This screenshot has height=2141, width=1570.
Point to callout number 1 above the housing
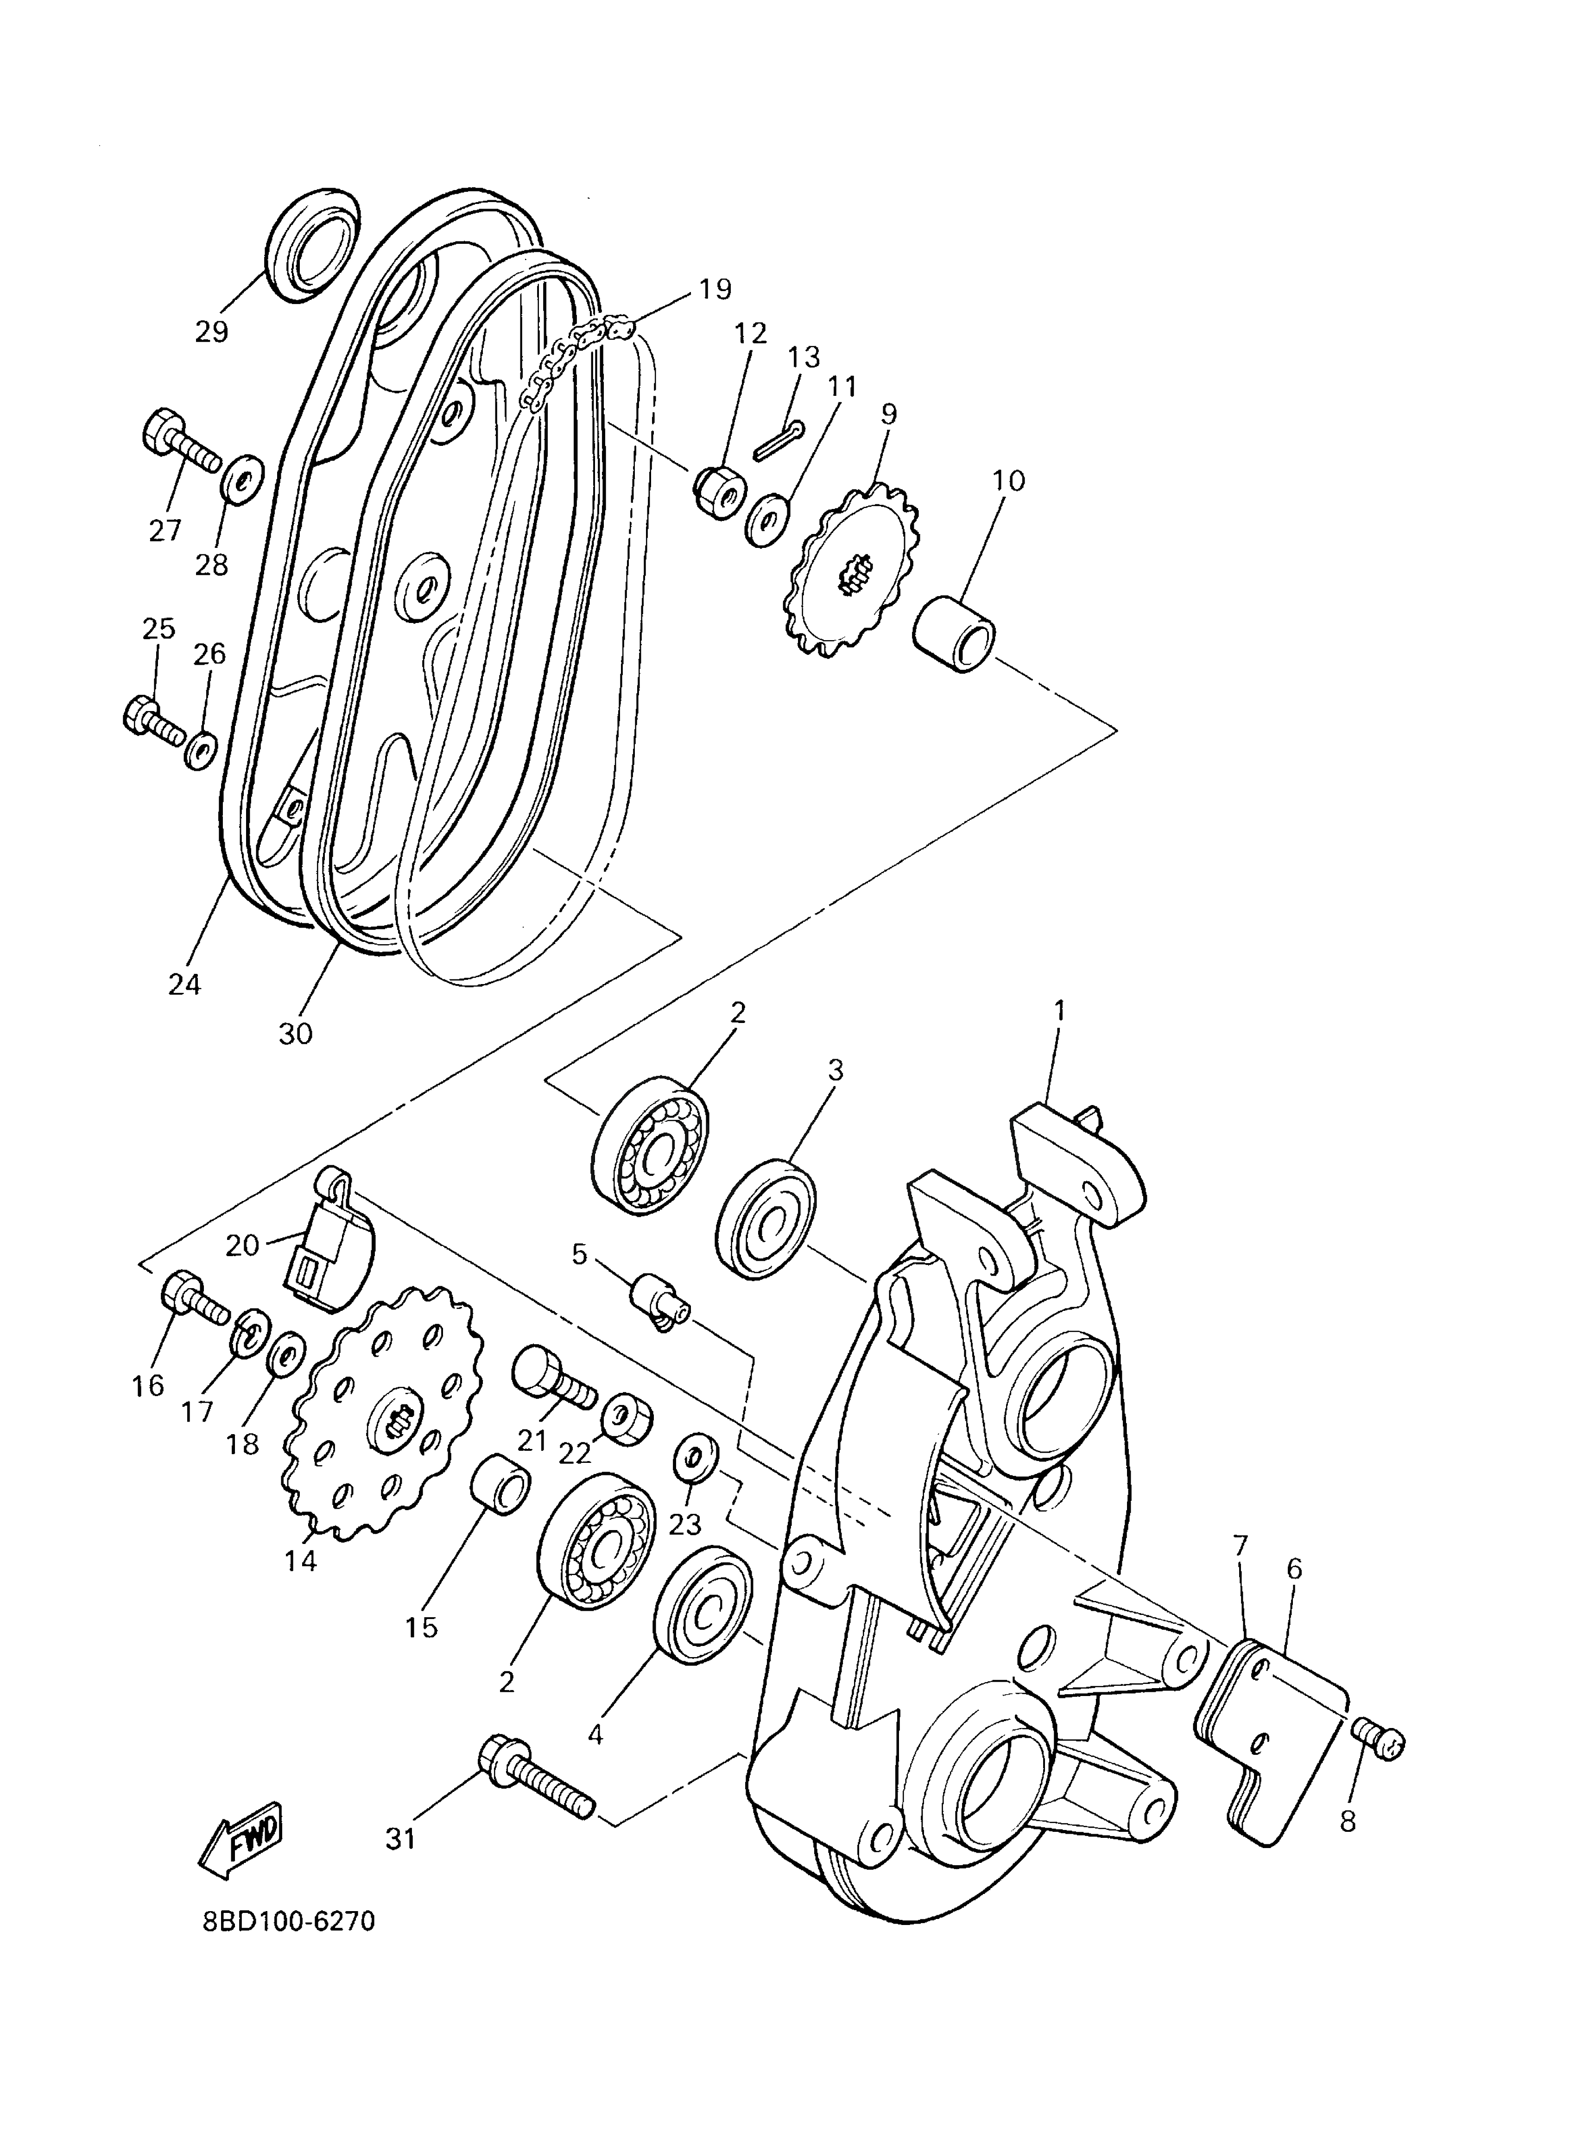pyautogui.click(x=1060, y=1010)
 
